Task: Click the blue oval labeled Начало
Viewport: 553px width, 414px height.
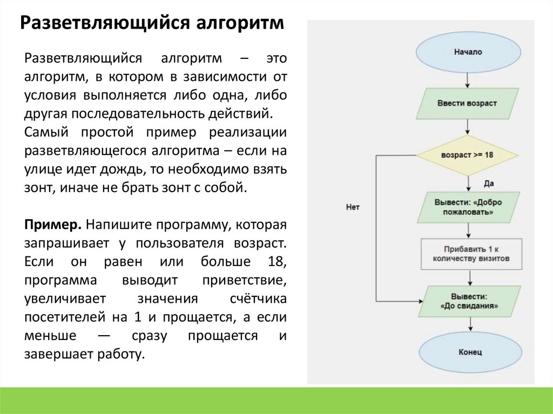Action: click(x=468, y=52)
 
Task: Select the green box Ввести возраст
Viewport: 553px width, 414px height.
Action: click(x=467, y=103)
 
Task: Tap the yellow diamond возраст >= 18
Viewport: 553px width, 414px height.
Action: click(x=467, y=154)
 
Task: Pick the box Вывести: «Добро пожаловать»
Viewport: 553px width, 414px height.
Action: click(x=468, y=207)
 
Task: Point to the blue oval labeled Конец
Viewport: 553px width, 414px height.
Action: click(x=469, y=352)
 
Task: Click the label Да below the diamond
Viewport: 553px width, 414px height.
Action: click(x=488, y=184)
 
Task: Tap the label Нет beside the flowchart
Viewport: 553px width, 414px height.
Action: click(x=353, y=207)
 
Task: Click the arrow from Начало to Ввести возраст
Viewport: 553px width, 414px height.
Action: click(x=468, y=79)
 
